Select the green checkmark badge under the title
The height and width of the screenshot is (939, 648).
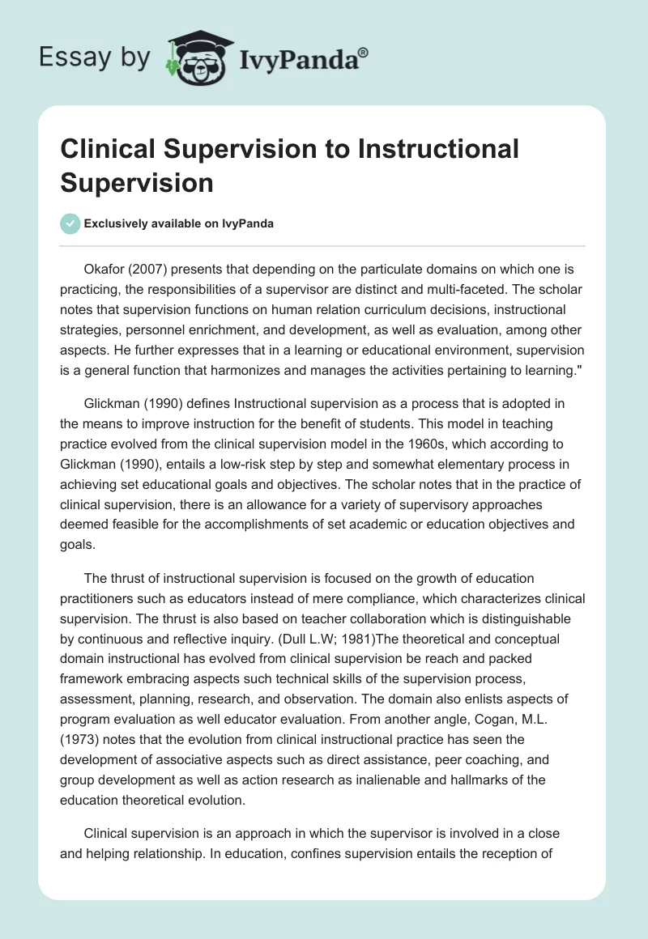tap(70, 224)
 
